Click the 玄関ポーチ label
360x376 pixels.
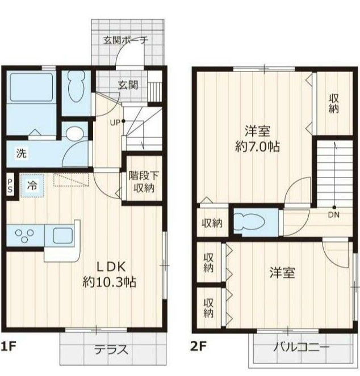[x=125, y=40]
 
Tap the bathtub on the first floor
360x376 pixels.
[x=31, y=87]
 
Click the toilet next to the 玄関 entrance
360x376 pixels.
[x=76, y=87]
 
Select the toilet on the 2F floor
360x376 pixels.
[x=249, y=222]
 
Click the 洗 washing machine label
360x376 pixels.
[x=22, y=154]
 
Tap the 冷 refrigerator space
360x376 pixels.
[x=32, y=185]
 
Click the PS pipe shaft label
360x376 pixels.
[x=10, y=186]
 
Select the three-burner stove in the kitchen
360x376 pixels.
[x=24, y=236]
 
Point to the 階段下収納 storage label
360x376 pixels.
[x=144, y=182]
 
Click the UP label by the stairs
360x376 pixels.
[x=115, y=122]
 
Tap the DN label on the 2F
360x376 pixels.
[x=334, y=215]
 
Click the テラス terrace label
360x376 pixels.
[x=111, y=349]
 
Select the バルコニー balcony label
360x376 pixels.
[x=301, y=347]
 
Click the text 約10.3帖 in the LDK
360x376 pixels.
[x=110, y=282]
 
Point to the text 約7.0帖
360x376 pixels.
[x=257, y=146]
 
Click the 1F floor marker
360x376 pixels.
[x=9, y=347]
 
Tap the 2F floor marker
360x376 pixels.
[x=198, y=347]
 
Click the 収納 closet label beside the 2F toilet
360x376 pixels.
[x=212, y=223]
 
